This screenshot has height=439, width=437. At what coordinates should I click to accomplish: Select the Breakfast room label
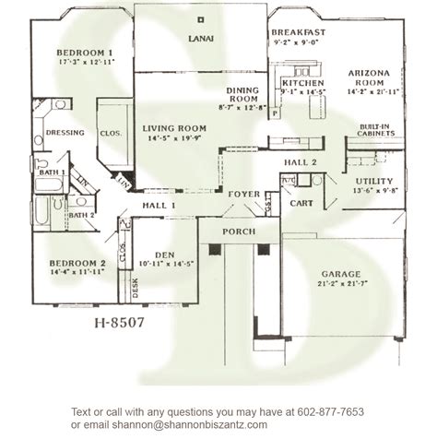[297, 33]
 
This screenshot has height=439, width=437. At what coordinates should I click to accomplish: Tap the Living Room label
[172, 129]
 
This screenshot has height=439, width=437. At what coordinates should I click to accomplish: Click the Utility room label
[373, 181]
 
